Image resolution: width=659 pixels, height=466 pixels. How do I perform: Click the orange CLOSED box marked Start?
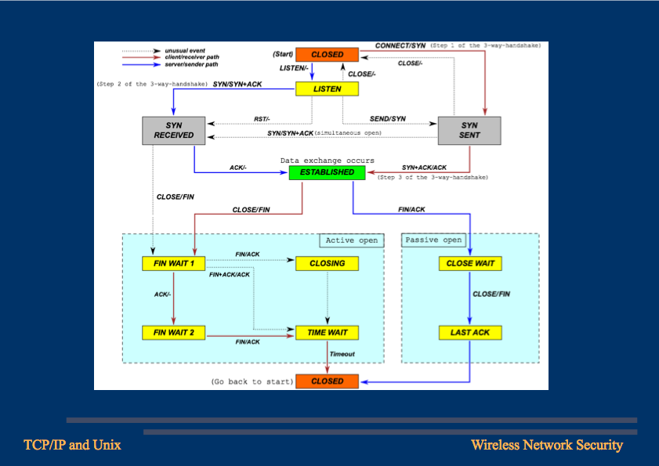point(327,55)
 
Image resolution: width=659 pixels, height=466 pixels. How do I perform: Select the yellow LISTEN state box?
point(327,89)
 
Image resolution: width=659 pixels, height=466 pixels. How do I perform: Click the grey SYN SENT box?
point(469,130)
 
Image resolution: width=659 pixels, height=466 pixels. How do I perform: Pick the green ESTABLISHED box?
point(327,172)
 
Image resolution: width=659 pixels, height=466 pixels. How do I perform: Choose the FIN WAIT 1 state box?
point(173,263)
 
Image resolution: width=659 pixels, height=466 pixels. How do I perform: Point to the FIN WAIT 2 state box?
point(173,333)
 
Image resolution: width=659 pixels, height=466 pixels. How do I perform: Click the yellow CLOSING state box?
point(327,263)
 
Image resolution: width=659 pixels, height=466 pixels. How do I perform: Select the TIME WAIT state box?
point(327,333)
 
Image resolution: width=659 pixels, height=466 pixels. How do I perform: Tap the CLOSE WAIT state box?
point(469,263)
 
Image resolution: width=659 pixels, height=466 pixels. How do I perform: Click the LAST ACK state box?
point(469,333)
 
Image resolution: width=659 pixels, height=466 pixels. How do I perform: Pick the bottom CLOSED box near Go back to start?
point(327,381)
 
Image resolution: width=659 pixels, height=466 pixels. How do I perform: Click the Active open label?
point(351,240)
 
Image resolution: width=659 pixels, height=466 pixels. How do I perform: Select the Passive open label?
point(433,240)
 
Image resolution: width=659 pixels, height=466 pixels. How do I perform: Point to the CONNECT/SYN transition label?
point(400,46)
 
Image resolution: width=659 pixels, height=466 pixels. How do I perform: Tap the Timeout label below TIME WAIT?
point(342,355)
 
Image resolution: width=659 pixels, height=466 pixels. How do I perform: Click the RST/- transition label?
point(262,119)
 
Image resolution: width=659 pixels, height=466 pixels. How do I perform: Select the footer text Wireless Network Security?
point(546,446)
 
